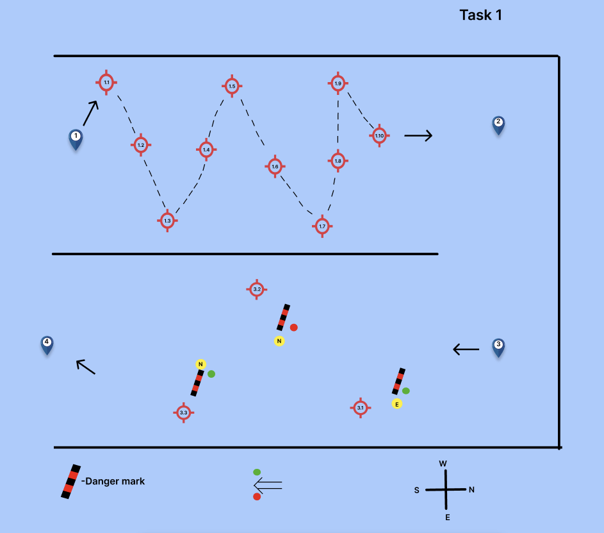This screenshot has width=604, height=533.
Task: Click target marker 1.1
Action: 106,83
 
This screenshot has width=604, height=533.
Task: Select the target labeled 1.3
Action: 167,221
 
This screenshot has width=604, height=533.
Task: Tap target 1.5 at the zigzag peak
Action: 232,86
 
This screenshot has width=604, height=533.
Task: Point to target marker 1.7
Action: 322,226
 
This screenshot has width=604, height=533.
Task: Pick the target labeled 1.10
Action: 379,135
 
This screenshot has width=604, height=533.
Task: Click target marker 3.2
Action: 256,289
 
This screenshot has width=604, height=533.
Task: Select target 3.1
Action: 360,408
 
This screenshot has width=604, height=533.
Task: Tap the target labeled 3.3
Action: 183,412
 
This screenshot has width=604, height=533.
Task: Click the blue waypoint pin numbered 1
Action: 76,139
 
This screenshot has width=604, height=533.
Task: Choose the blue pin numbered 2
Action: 498,124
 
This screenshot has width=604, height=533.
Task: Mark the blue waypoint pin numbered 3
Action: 498,346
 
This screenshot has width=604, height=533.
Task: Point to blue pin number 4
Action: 47,344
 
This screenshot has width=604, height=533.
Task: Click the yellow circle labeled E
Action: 397,404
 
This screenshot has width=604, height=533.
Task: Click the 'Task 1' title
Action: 480,15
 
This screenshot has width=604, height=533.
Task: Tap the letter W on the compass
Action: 443,463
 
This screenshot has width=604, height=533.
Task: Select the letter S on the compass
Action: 416,490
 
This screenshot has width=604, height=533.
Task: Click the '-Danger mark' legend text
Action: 113,481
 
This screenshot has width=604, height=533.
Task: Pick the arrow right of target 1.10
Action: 418,135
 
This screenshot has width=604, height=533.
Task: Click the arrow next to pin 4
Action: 86,366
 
